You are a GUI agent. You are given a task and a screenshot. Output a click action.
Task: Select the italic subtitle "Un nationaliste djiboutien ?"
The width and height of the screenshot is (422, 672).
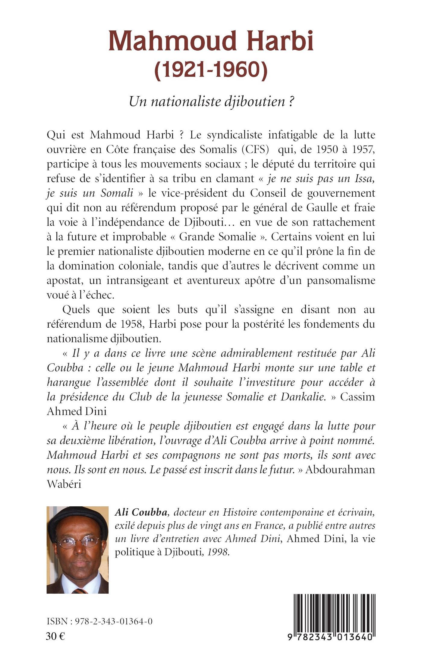[211, 102]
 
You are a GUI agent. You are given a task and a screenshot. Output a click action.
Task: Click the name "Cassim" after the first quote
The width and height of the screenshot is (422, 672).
[358, 397]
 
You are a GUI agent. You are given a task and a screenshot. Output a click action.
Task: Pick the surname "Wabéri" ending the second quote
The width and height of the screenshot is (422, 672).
[64, 484]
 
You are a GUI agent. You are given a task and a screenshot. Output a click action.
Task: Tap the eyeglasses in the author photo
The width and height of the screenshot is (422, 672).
[78, 542]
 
